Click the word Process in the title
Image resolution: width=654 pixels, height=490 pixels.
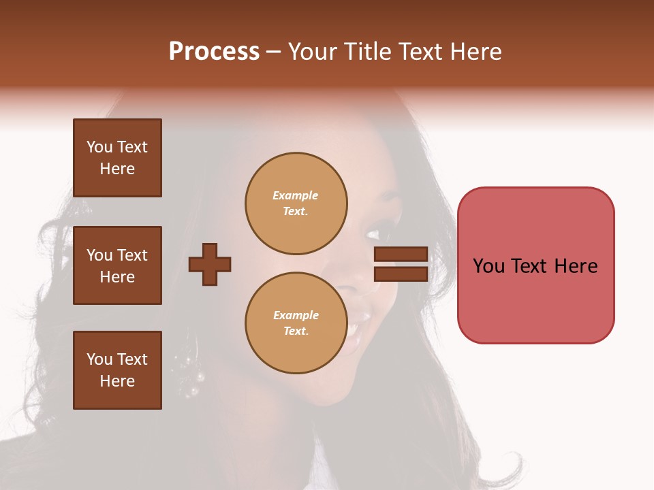click(x=214, y=52)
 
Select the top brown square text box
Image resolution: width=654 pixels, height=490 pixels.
click(x=117, y=158)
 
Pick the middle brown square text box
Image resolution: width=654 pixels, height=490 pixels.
click(x=117, y=265)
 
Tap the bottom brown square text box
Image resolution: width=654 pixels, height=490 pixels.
click(x=117, y=370)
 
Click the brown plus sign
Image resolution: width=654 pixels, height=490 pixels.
click(x=210, y=264)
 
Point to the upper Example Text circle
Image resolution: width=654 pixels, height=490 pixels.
click(x=296, y=203)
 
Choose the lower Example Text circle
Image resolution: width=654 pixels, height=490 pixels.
click(x=296, y=323)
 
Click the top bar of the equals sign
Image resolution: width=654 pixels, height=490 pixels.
click(x=401, y=254)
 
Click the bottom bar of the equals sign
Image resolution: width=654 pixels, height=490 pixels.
click(x=401, y=274)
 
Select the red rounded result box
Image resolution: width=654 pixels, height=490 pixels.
click(x=535, y=265)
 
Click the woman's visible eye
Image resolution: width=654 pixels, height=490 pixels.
click(x=376, y=233)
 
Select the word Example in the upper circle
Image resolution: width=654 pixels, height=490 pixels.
click(x=296, y=195)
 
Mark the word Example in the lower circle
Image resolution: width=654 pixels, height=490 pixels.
click(x=296, y=315)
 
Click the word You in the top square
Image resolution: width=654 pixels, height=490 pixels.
click(x=99, y=147)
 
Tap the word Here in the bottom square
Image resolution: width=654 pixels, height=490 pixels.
click(x=117, y=381)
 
